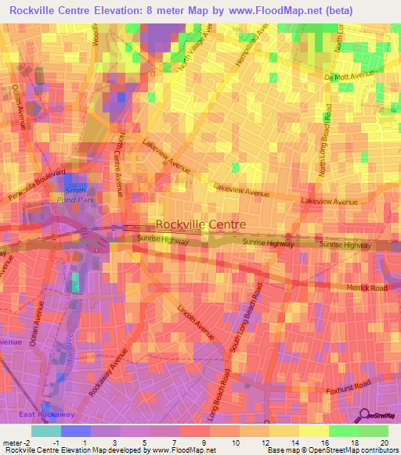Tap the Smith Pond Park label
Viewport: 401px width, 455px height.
pyautogui.click(x=76, y=195)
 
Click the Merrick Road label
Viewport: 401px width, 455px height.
pyautogui.click(x=367, y=288)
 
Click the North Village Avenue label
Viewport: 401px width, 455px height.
pyautogui.click(x=195, y=48)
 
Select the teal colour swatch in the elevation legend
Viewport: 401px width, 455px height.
pyautogui.click(x=45, y=431)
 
